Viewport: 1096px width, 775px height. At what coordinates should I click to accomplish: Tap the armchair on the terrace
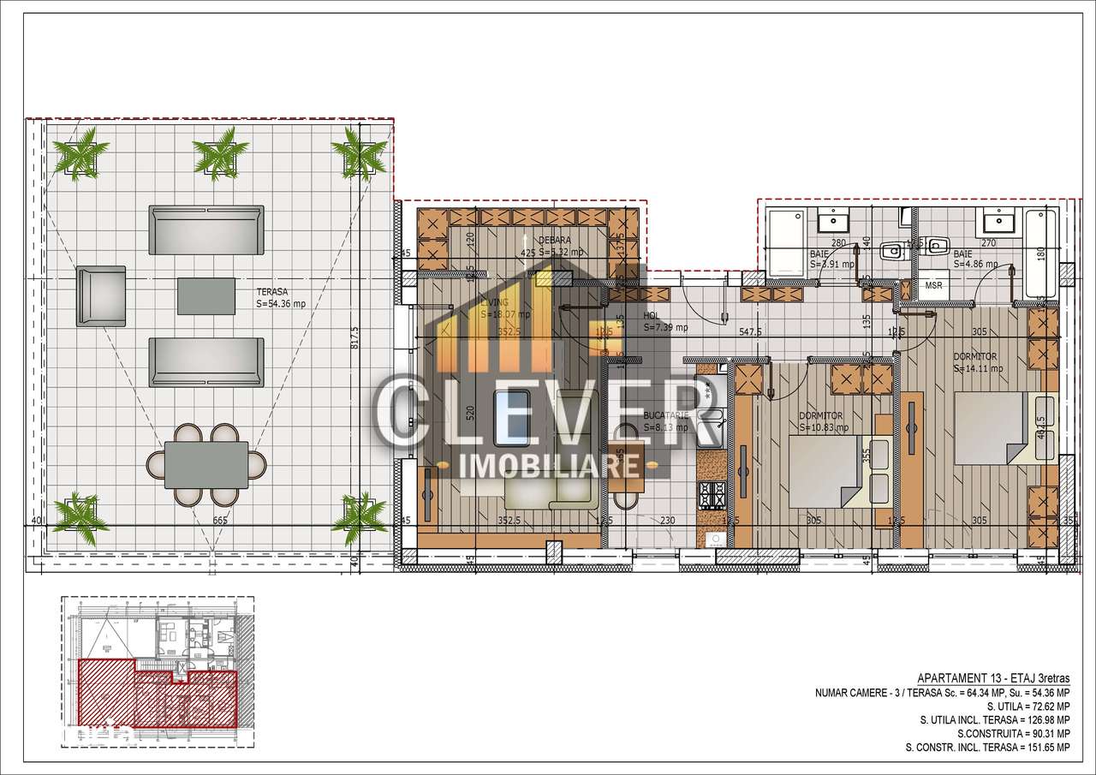[x=102, y=295]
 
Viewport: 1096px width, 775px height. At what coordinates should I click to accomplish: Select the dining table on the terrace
[x=206, y=464]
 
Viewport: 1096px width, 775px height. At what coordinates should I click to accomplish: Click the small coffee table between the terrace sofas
[x=206, y=295]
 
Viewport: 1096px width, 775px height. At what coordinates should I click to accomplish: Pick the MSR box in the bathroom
[x=933, y=285]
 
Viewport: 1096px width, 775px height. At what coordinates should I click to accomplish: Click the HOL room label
[x=652, y=315]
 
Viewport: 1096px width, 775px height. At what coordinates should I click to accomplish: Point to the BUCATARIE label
[x=665, y=414]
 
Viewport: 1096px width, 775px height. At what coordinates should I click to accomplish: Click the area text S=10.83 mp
[x=825, y=427]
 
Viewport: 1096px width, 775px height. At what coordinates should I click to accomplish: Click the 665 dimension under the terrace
[x=219, y=520]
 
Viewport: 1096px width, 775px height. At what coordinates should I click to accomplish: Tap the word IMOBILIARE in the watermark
[x=550, y=465]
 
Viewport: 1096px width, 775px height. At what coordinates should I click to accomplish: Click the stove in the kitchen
[x=712, y=493]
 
